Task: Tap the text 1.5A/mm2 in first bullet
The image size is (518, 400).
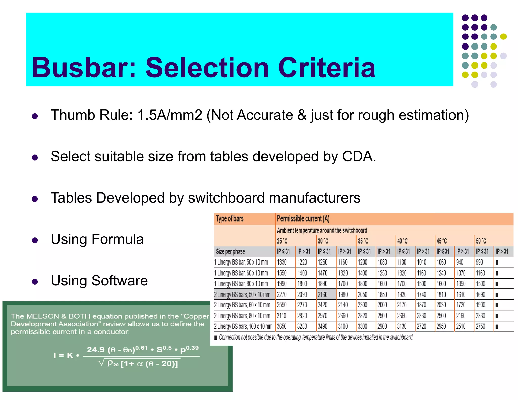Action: (170, 115)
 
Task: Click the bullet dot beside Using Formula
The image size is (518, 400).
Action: (35, 240)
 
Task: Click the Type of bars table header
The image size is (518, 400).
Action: (230, 219)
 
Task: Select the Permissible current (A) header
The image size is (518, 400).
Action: (303, 219)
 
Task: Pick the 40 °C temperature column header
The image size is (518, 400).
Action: (402, 241)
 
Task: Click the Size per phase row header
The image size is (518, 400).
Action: (230, 251)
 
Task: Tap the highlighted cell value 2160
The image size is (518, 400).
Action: (322, 295)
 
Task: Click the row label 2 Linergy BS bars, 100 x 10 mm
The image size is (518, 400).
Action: (243, 326)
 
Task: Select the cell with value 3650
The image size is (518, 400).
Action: (282, 326)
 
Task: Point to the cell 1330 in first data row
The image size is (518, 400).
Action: (282, 262)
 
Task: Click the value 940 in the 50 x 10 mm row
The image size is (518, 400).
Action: (460, 262)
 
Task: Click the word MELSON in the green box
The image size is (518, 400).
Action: (42, 316)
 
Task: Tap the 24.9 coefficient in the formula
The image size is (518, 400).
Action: (95, 350)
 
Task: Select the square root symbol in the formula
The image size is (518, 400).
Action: (101, 363)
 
